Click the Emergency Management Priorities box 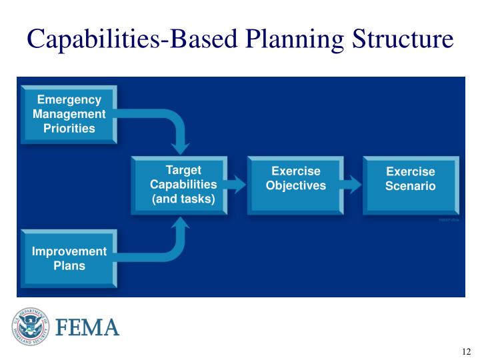[x=69, y=115]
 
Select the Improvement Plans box [x=69, y=259]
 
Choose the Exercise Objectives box [x=295, y=185]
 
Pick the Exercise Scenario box [x=410, y=185]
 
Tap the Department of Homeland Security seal [x=30, y=327]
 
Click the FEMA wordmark [x=87, y=328]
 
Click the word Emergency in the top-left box [x=69, y=100]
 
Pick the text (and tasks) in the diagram [x=183, y=199]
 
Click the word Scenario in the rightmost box [x=410, y=186]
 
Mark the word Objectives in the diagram [x=295, y=185]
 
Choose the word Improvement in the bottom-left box [x=69, y=251]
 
